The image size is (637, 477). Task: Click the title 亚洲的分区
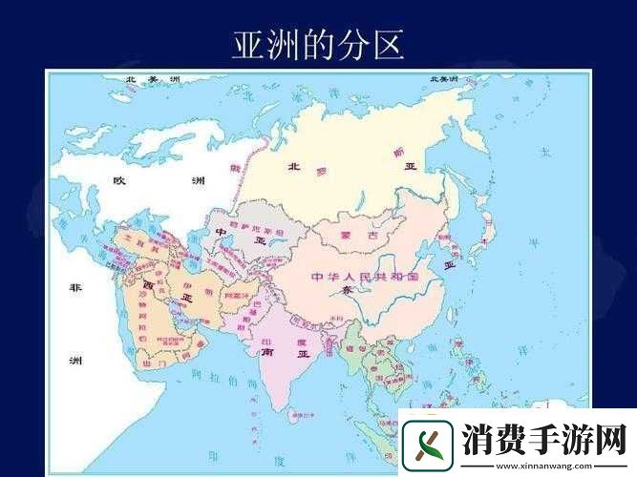[318, 44]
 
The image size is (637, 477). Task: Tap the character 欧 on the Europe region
[119, 180]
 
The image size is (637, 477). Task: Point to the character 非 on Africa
[75, 287]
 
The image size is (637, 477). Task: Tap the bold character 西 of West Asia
[148, 284]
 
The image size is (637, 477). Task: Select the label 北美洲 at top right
[444, 79]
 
